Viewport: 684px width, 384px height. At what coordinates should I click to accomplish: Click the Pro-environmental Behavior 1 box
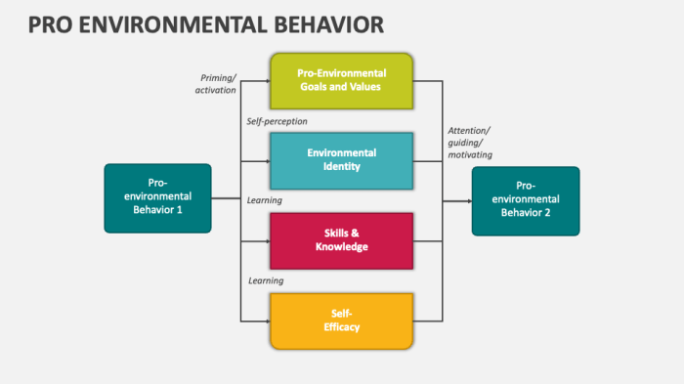tap(157, 198)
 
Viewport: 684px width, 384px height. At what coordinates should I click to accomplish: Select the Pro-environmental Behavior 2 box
tap(526, 201)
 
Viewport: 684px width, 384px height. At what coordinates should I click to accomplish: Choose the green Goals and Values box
tap(341, 80)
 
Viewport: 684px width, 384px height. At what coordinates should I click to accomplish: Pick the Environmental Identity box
tap(341, 160)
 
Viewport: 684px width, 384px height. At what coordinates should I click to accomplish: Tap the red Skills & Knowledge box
tap(341, 240)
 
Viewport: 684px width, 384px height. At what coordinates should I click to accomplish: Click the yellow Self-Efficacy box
tap(341, 320)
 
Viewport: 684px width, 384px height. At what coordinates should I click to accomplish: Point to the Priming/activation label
tap(216, 83)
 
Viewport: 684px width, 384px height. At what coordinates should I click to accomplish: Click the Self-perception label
tap(277, 121)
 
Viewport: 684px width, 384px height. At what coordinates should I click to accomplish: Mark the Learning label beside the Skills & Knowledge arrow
tap(265, 200)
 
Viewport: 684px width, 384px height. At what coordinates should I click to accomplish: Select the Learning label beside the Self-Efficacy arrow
tap(265, 280)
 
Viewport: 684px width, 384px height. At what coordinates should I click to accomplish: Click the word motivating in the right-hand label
tap(470, 154)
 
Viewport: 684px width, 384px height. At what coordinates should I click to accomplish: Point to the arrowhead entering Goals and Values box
tap(265, 80)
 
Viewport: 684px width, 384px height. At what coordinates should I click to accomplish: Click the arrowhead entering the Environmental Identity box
tap(265, 160)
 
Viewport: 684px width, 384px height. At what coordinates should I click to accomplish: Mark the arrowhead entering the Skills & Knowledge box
tap(265, 240)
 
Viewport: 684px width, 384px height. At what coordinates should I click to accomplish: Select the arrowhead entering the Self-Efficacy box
tap(265, 320)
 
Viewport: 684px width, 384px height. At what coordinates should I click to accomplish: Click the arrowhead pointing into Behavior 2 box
tap(467, 201)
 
